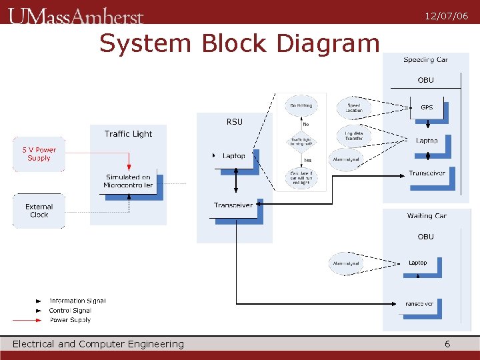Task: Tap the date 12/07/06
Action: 446,16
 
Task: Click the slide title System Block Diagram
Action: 239,44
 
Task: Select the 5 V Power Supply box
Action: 39,154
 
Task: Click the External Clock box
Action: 39,211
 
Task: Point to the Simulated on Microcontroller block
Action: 128,181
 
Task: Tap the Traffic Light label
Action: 128,134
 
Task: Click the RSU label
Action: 234,121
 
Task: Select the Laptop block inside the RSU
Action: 234,156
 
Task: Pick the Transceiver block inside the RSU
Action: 233,205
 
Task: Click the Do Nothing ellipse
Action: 299,105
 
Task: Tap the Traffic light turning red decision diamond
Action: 301,142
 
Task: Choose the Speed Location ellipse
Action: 353,107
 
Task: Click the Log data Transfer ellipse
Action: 353,136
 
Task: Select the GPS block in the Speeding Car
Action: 427,107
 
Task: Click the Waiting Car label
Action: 427,216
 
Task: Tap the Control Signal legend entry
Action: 69,311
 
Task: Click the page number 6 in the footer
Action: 447,344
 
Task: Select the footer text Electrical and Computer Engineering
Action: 98,344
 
